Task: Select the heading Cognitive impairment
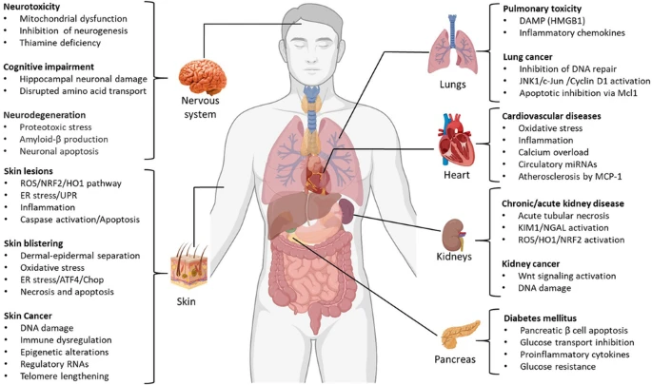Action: pos(51,67)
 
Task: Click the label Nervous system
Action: pos(203,106)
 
